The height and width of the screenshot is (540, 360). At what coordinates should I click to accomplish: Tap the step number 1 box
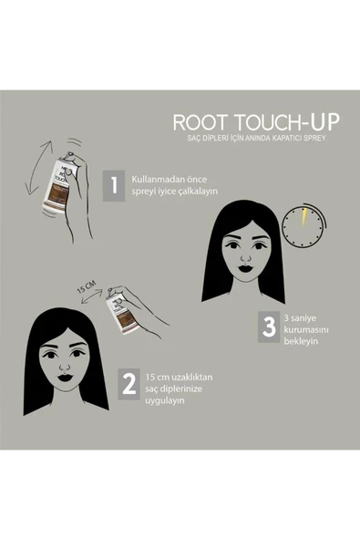click(114, 185)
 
